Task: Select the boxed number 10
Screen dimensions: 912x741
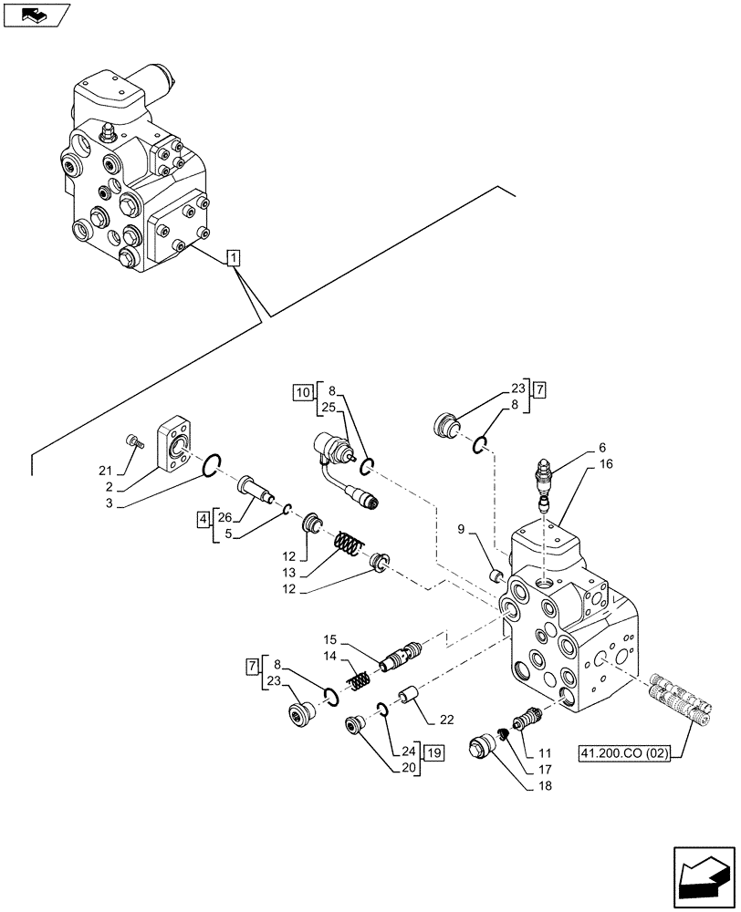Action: pyautogui.click(x=302, y=393)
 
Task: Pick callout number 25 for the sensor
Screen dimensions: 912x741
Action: pyautogui.click(x=329, y=408)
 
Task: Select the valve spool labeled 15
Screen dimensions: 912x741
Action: pyautogui.click(x=400, y=657)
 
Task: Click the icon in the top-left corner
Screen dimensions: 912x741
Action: pyautogui.click(x=36, y=15)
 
